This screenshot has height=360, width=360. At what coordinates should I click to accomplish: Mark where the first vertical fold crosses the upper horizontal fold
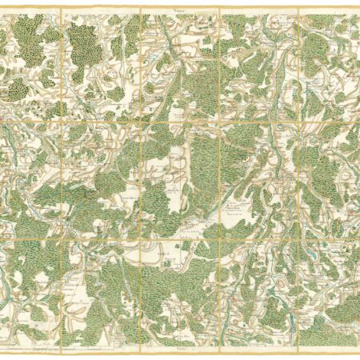(62, 122)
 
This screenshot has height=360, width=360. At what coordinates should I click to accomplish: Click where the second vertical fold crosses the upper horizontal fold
(141, 122)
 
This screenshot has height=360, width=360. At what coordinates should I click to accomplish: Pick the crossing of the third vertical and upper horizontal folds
(219, 122)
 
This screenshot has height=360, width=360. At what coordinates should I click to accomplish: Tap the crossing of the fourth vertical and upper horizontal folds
(298, 122)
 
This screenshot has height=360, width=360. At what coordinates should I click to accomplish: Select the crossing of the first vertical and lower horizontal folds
(62, 238)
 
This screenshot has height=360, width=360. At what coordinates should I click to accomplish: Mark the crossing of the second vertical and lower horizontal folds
(141, 238)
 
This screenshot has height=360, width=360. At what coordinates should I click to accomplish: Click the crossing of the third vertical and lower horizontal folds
(219, 238)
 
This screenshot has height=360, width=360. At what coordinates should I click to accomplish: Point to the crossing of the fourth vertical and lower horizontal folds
(298, 238)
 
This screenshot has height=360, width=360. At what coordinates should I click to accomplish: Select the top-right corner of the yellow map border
(358, 9)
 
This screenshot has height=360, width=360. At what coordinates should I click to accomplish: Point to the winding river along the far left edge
(7, 264)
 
